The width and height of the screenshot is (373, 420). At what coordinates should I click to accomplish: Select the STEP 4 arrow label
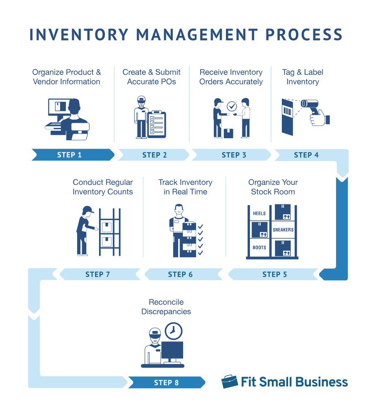pyautogui.click(x=306, y=155)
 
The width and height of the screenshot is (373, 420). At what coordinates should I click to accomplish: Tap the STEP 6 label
pyautogui.click(x=180, y=274)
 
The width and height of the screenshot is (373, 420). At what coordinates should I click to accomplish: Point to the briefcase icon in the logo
pyautogui.click(x=229, y=382)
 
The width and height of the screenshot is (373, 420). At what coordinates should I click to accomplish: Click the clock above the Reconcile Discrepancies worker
pyautogui.click(x=173, y=331)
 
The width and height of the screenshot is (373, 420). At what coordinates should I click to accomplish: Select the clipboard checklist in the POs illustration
pyautogui.click(x=157, y=124)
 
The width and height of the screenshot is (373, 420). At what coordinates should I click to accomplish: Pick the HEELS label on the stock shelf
pyautogui.click(x=259, y=214)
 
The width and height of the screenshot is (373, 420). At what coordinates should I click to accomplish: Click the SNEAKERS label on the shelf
pyautogui.click(x=283, y=230)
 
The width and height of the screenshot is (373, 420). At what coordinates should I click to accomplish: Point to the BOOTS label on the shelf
pyautogui.click(x=259, y=247)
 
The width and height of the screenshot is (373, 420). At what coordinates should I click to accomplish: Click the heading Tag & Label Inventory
pyautogui.click(x=303, y=77)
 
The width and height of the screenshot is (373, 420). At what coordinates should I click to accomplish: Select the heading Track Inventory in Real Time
pyautogui.click(x=185, y=187)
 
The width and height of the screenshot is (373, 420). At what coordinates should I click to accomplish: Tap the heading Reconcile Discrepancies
pyautogui.click(x=166, y=307)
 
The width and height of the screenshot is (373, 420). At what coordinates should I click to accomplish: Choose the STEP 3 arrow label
pyautogui.click(x=234, y=155)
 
